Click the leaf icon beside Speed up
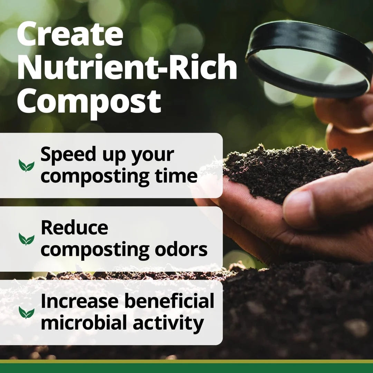[x=27, y=166]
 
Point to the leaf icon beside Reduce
[x=27, y=239]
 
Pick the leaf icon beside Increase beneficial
[x=27, y=313]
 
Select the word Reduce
[x=74, y=228]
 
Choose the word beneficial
[x=169, y=301]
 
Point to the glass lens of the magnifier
[x=307, y=64]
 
